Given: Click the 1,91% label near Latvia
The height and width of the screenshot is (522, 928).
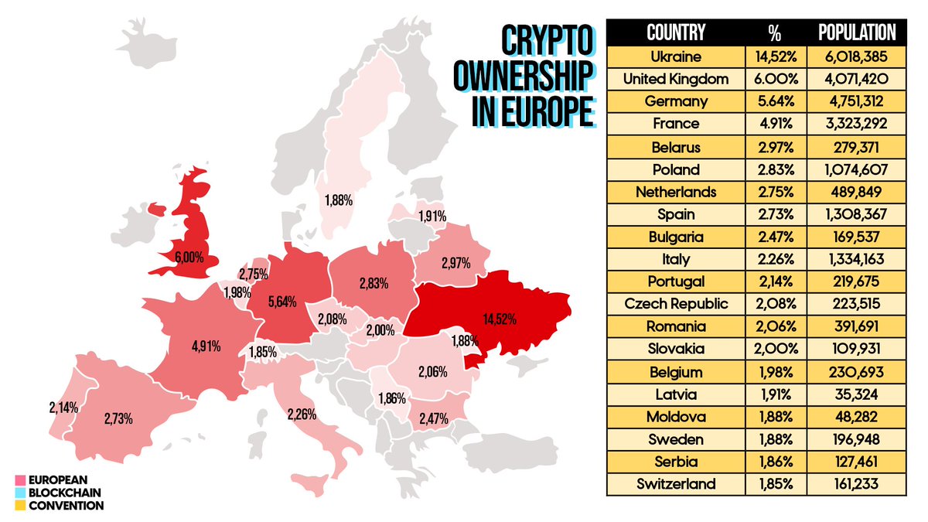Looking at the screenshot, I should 432,217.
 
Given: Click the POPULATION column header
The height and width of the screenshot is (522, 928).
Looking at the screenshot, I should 856,32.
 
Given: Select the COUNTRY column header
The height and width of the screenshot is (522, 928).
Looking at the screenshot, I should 676,32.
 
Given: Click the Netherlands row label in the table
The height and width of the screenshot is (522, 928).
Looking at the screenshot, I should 676,192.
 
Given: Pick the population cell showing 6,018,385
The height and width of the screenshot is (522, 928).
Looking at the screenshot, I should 856,56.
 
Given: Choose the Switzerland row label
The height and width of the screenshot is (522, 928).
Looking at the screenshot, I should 676,484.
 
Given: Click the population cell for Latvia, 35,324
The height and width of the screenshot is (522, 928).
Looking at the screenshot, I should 856,394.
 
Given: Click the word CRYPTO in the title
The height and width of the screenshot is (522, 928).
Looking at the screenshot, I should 546,40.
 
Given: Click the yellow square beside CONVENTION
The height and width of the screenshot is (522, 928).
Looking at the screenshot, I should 20,506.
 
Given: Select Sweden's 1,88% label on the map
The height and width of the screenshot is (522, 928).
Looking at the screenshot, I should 339,200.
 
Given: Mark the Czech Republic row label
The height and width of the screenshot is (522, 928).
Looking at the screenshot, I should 676,304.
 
